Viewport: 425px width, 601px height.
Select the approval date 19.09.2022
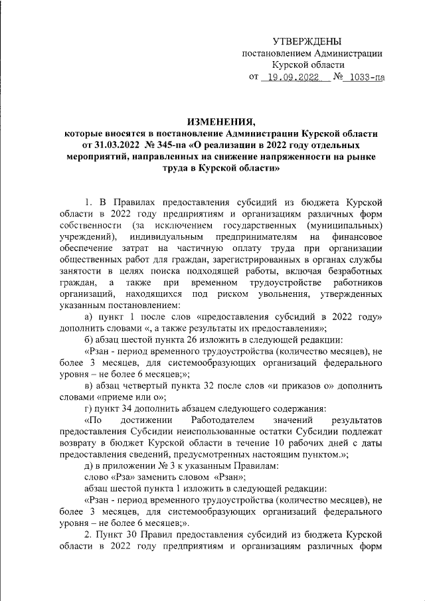[x=292, y=77]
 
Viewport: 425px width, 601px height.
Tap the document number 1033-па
[x=369, y=77]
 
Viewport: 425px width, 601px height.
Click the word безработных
[x=354, y=272]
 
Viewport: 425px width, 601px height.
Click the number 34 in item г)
[x=131, y=408]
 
